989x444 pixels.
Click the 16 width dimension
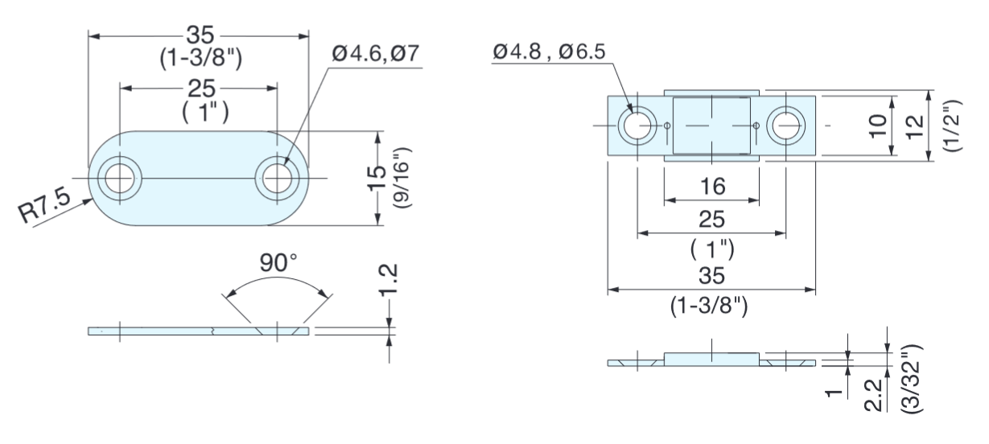(x=711, y=187)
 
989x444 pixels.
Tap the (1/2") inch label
(x=952, y=126)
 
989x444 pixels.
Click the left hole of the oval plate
(x=119, y=178)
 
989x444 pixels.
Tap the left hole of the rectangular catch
(x=637, y=125)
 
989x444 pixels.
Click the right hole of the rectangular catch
(x=785, y=125)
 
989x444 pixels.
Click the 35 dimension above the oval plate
(x=198, y=37)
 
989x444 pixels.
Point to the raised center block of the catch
(x=711, y=125)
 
